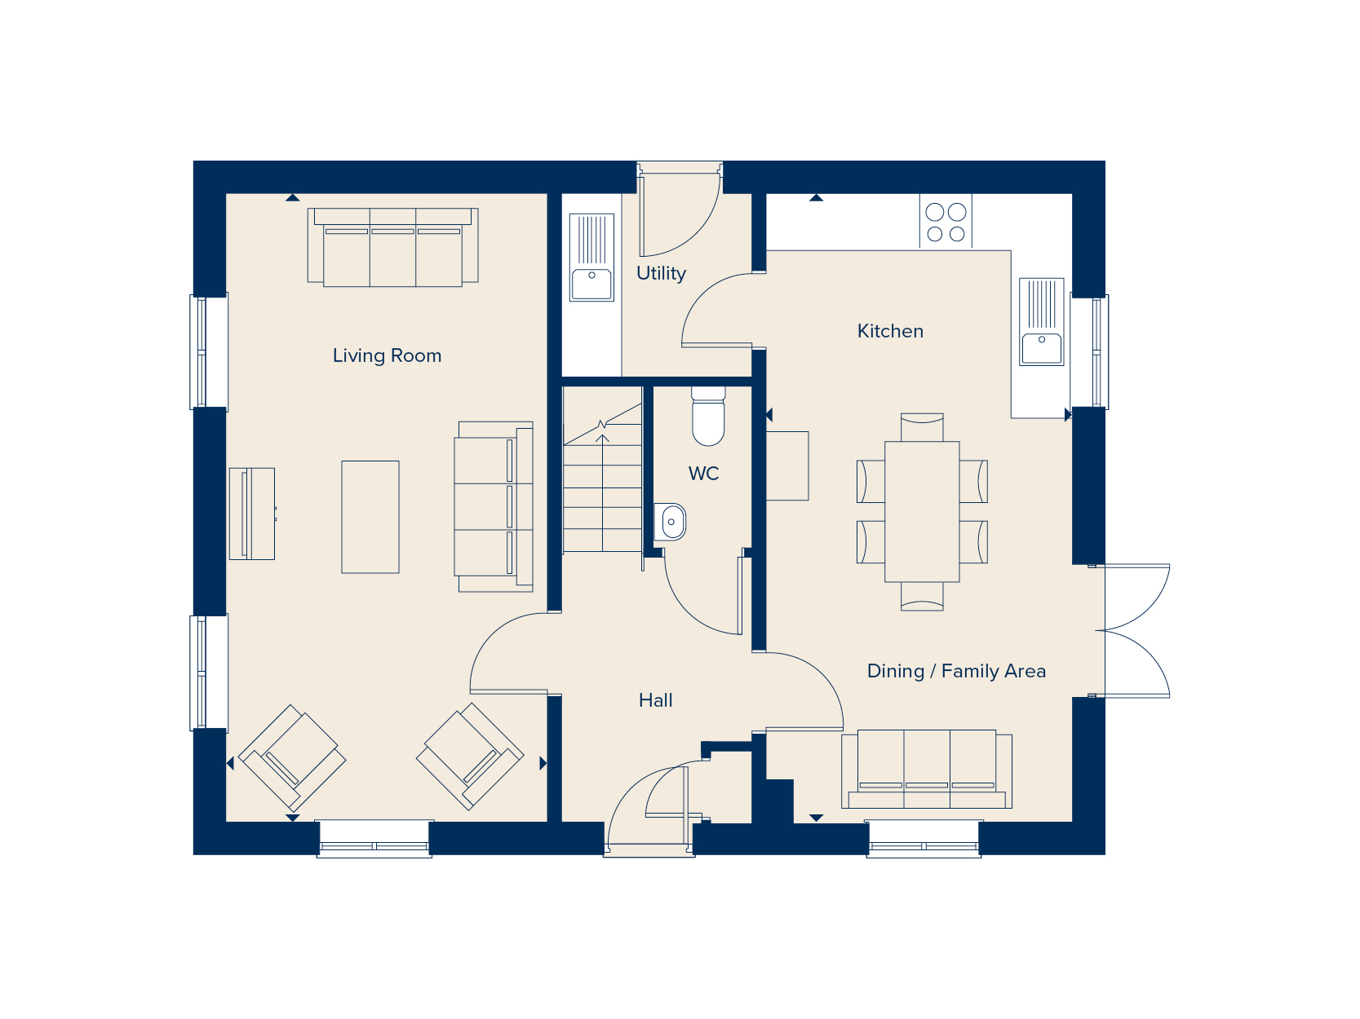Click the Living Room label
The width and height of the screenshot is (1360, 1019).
coord(387,355)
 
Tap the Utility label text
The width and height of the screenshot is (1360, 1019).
coord(661,273)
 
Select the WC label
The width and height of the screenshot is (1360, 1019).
coord(703,474)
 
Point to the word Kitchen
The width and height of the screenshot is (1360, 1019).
coord(890,331)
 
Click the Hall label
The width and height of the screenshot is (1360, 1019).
coord(655,700)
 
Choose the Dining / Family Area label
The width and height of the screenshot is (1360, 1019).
coord(956,671)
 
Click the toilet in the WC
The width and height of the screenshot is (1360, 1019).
coord(708,417)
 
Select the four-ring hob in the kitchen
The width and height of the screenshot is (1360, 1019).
coord(946,223)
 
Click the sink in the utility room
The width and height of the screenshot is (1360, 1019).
coord(591,258)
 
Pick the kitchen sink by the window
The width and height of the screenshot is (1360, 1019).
coord(1042,322)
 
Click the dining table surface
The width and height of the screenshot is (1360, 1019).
coord(922,511)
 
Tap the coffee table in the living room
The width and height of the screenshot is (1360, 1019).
coord(370,517)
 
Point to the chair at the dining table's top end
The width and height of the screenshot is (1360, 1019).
coord(922,426)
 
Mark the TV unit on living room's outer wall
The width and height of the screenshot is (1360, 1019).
coord(251,514)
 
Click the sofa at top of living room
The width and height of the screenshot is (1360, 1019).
coord(392,247)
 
